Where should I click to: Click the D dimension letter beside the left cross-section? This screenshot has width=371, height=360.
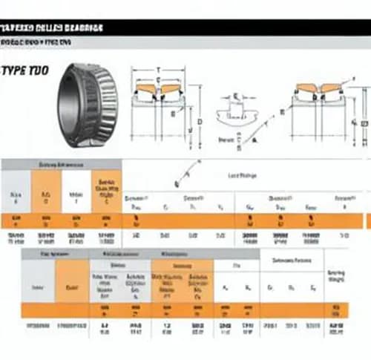click(x=200, y=120)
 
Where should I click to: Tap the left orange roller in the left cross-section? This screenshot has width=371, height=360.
click(x=145, y=91)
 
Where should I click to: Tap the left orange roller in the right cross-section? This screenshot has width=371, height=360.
click(x=304, y=89)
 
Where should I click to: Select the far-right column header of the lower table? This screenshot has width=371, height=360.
click(x=335, y=276)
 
